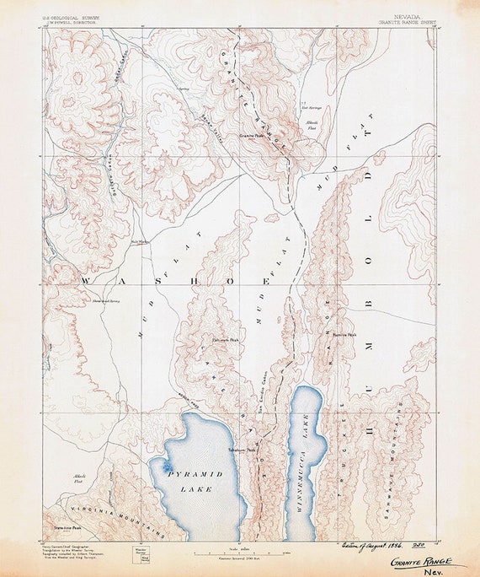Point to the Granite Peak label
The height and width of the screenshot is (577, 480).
(252, 134)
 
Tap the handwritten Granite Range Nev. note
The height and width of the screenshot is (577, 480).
(421, 564)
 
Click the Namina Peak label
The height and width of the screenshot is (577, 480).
(344, 333)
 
